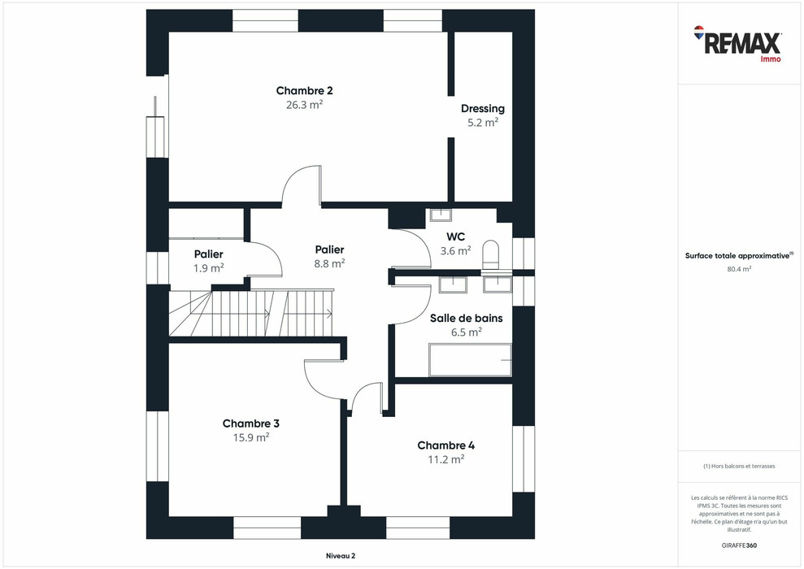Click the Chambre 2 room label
(x=304, y=91)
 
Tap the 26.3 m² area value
(x=304, y=105)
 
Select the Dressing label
(x=482, y=109)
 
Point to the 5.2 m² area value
(x=482, y=123)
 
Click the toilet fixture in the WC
(x=491, y=254)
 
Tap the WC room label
(x=455, y=237)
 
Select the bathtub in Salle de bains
(x=470, y=360)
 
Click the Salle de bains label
(x=466, y=318)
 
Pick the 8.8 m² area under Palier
(x=329, y=263)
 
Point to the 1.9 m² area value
(x=208, y=268)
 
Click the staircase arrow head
(x=329, y=313)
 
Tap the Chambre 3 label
(x=251, y=423)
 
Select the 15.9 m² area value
(x=251, y=437)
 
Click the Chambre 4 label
(x=445, y=445)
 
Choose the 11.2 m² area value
(x=445, y=459)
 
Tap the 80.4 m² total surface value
(x=739, y=269)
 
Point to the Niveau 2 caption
(x=335, y=556)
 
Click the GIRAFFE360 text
(x=739, y=544)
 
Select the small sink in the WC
(x=440, y=215)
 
